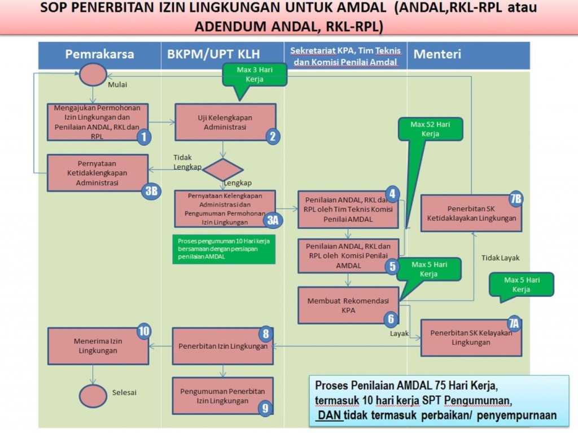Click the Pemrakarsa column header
(x=99, y=54)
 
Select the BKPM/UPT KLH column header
(x=213, y=54)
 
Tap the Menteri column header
(x=437, y=54)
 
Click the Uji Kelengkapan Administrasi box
(x=225, y=122)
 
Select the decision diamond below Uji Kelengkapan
(x=223, y=170)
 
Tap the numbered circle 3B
(x=151, y=191)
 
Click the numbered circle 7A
(x=513, y=323)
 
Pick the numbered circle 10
(x=144, y=332)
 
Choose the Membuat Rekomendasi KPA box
(x=348, y=305)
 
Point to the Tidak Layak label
(x=500, y=258)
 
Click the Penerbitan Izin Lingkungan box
(x=222, y=346)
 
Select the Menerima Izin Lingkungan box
(x=98, y=346)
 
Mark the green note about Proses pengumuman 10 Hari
(x=223, y=249)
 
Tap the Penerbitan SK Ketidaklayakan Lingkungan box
(x=471, y=213)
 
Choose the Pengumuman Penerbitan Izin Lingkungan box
(x=222, y=396)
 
